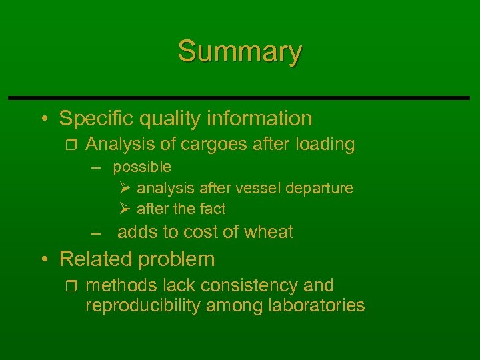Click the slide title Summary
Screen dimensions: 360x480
(x=240, y=51)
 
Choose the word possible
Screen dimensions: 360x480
(x=141, y=167)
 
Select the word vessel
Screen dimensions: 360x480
(x=257, y=188)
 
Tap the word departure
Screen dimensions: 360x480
(x=319, y=189)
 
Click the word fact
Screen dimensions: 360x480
(x=213, y=209)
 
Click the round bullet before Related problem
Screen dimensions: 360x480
(x=43, y=259)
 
